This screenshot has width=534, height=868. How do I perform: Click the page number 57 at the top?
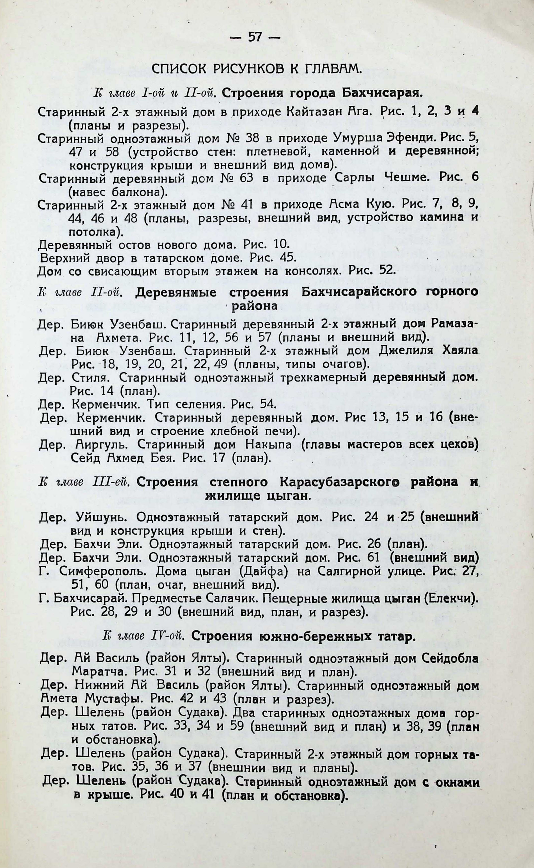[x=255, y=37]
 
